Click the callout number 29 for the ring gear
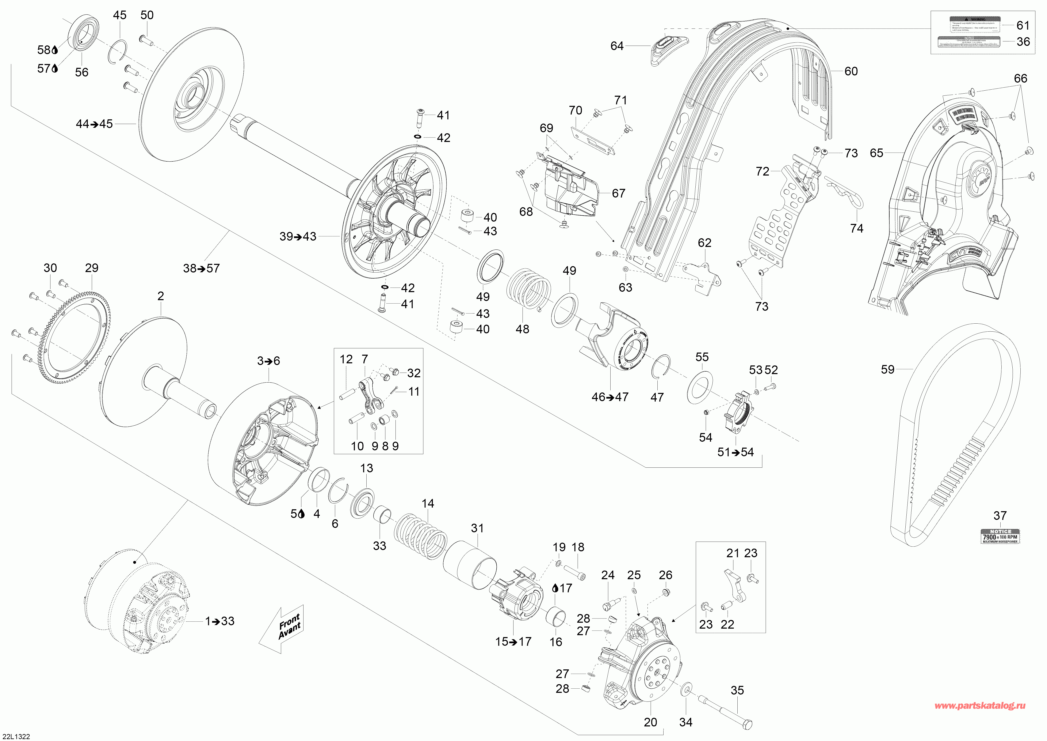92,268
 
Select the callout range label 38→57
201,268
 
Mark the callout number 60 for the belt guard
851,71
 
